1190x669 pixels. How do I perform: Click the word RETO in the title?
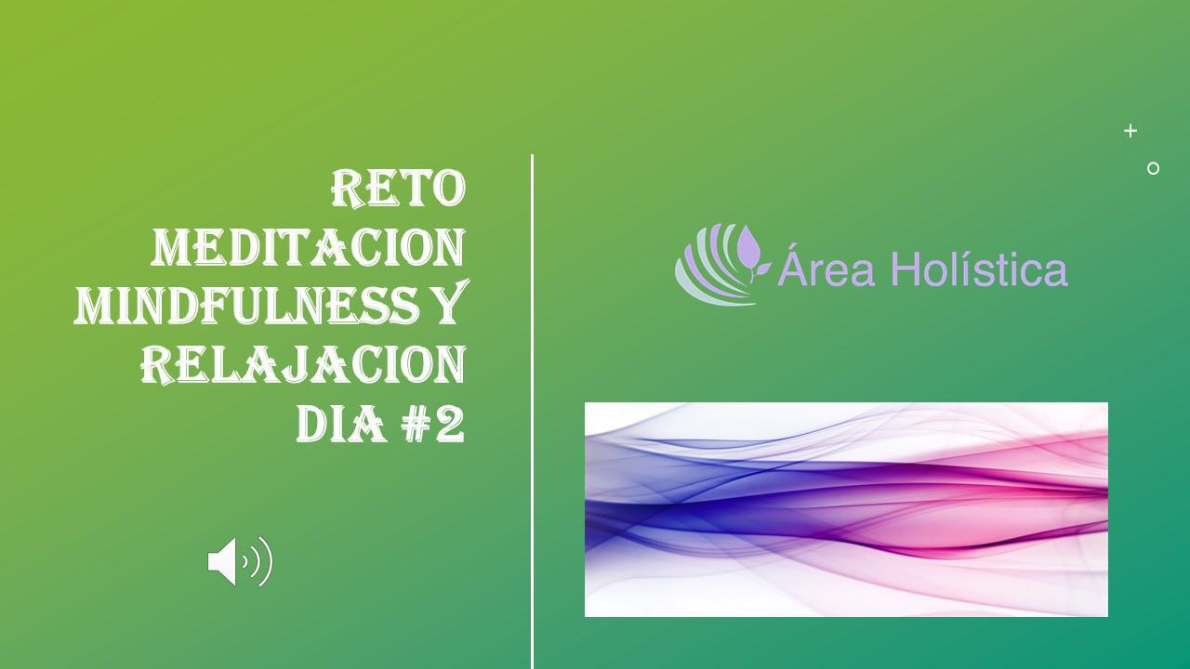click(399, 189)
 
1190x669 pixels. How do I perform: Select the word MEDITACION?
click(309, 247)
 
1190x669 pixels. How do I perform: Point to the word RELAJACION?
click(303, 365)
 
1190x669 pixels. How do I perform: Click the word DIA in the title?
click(341, 424)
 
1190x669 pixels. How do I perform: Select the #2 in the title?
click(432, 424)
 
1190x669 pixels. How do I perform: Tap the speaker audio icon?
click(240, 562)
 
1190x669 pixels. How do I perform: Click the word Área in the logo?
click(826, 266)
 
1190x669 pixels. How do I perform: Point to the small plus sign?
click(1130, 131)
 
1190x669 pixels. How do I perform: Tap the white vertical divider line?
click(532, 412)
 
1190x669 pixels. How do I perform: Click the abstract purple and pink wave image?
click(846, 510)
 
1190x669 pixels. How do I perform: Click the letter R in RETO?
click(348, 189)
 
